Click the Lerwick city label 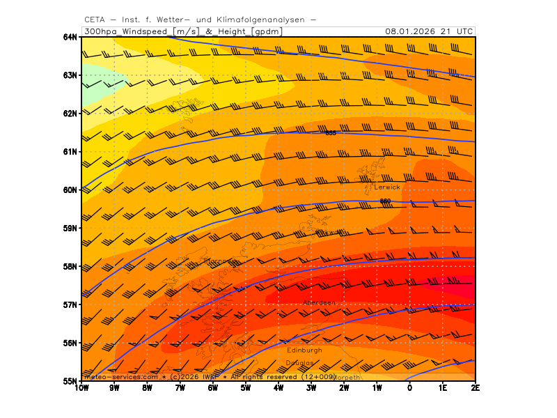pos(387,187)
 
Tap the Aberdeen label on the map pos(320,302)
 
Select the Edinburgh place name pos(304,350)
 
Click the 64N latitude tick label pos(70,37)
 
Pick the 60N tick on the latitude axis pos(70,190)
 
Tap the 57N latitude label pos(70,304)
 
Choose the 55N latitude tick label pos(70,381)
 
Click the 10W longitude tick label pos(81,388)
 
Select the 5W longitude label pos(245,388)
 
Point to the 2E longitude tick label pos(474,388)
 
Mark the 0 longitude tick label pos(409,388)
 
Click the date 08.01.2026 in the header pos(416,31)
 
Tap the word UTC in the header pos(466,31)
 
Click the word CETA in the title pos(95,20)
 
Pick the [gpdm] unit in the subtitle pos(267,31)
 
